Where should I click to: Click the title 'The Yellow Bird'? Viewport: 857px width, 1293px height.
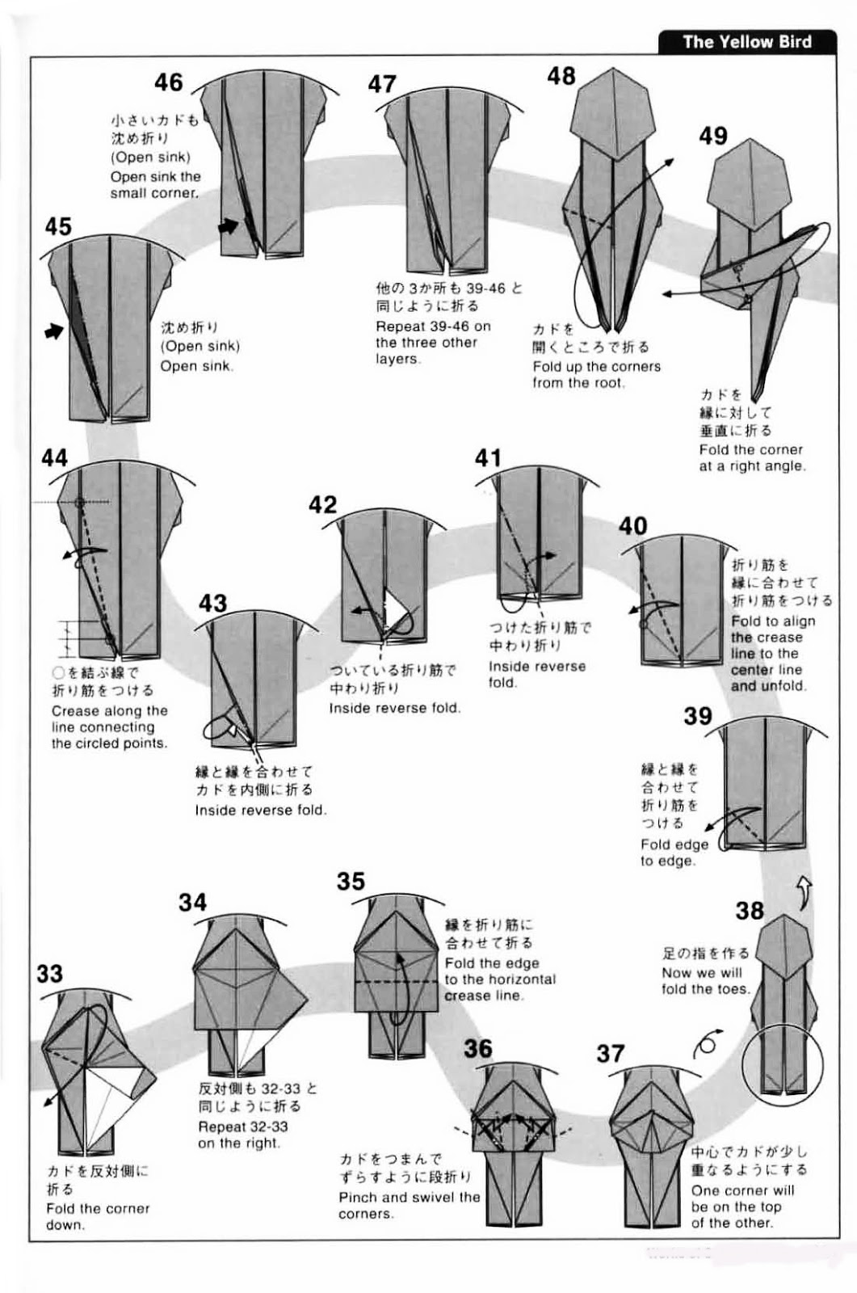[x=747, y=41]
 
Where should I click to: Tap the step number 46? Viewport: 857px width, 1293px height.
[x=169, y=82]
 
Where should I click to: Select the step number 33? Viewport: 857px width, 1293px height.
[x=49, y=974]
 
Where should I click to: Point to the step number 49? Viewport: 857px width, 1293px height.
[x=713, y=137]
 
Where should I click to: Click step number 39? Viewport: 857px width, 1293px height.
[x=699, y=716]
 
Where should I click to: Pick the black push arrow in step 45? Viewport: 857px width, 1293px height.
[x=54, y=331]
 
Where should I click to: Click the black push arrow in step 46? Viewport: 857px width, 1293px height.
[x=229, y=226]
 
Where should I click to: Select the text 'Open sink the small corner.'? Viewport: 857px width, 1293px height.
[x=155, y=185]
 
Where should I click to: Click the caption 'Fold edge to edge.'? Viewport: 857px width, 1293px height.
[x=674, y=853]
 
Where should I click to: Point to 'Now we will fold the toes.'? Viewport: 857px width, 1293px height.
[x=706, y=981]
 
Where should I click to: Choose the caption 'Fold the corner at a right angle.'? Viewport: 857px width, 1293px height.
[x=752, y=457]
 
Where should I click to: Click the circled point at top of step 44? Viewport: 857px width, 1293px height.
[x=80, y=502]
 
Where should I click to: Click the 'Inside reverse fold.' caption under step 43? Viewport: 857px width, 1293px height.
[x=261, y=810]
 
